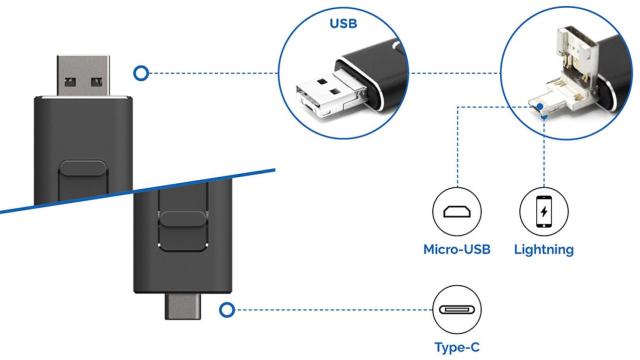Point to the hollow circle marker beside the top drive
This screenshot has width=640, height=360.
click(141, 72)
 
